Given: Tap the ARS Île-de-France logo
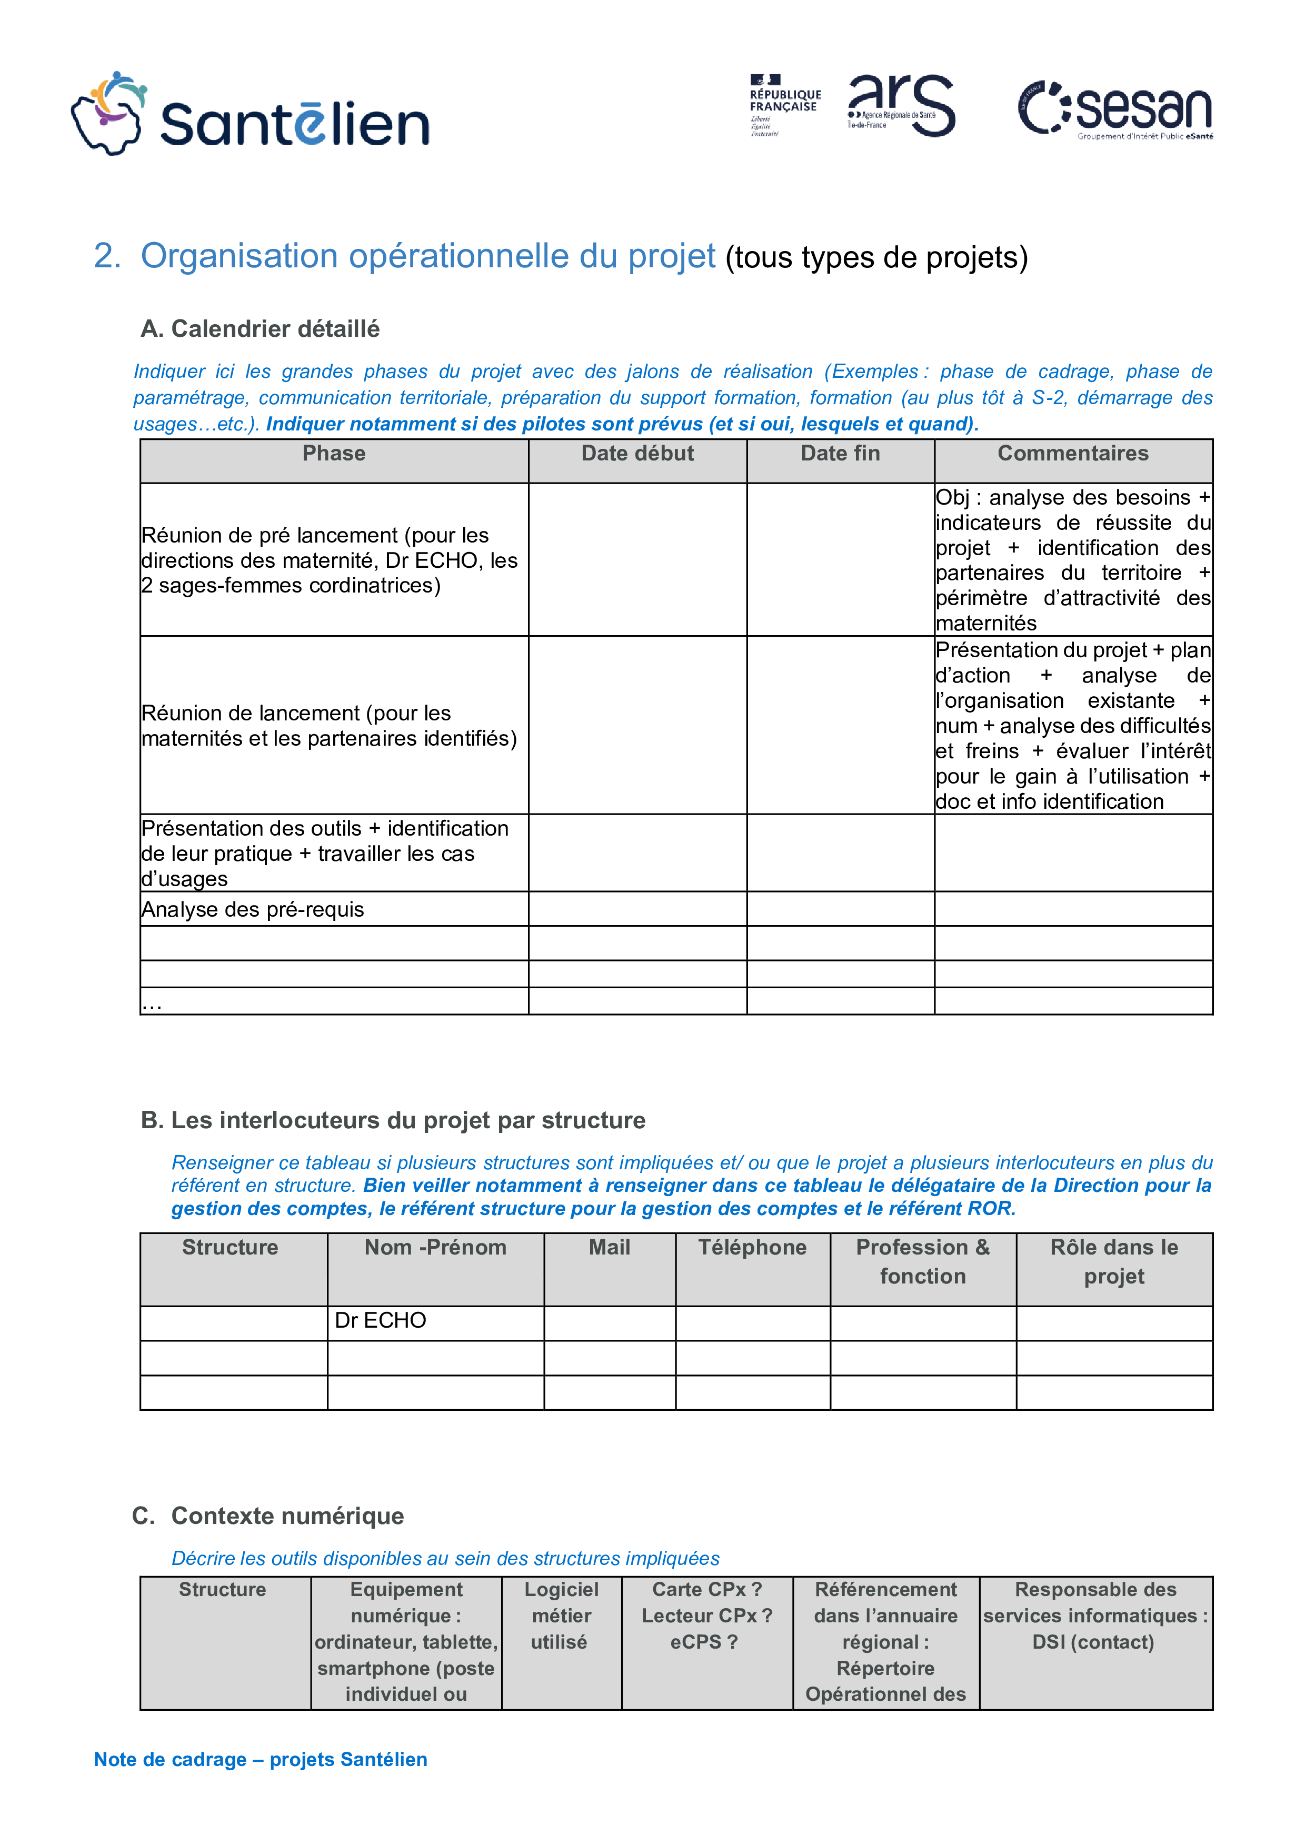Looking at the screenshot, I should point(901,105).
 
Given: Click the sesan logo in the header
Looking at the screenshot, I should point(1115,109).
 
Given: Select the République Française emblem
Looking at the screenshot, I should point(784,105).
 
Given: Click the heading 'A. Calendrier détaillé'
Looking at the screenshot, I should point(260,329).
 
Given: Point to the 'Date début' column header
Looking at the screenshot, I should point(637,454).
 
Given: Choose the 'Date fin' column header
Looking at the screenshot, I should point(840,454).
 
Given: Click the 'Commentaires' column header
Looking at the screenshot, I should point(1073,454).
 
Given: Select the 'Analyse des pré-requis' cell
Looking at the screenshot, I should point(253,909).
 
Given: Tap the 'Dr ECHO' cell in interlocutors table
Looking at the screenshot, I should point(381,1320).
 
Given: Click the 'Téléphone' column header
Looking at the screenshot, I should point(752,1248).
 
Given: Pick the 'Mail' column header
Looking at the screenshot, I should point(610,1248).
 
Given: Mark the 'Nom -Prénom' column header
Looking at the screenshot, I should point(435,1248).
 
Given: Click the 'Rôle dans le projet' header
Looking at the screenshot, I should point(1114,1261).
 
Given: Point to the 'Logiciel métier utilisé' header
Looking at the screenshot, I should point(561,1616).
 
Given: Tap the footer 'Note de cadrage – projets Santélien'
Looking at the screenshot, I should point(261,1759).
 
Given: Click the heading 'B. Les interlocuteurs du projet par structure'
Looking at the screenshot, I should point(393,1120).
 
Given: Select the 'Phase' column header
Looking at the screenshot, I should point(334,454).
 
